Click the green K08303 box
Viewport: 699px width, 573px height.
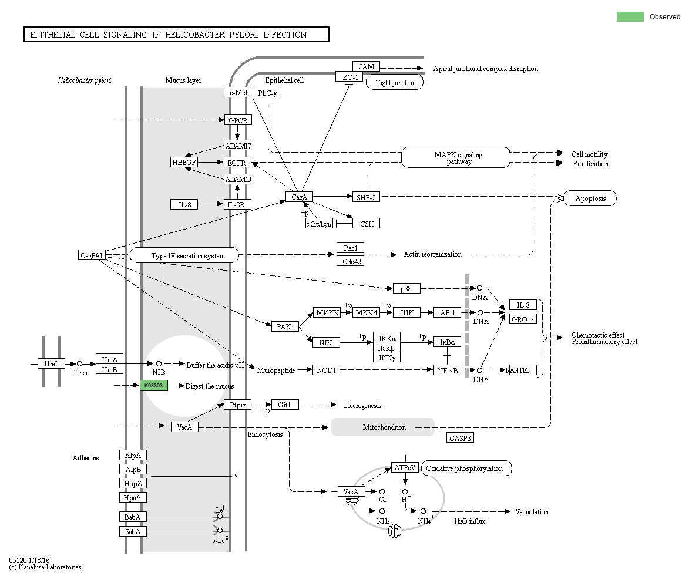tap(154, 386)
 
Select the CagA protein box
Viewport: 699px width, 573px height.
tap(300, 197)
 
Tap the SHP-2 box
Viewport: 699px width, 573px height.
tap(365, 197)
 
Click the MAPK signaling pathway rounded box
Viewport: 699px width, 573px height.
tap(456, 157)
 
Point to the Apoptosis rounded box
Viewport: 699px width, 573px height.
tap(590, 198)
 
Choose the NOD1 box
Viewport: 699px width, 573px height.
tap(326, 370)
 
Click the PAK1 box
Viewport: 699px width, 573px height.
tap(286, 326)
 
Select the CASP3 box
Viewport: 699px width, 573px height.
tap(460, 438)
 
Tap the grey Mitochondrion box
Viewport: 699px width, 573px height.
tap(383, 427)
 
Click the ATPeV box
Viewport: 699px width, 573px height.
tap(405, 468)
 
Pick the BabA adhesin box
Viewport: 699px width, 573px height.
tap(133, 517)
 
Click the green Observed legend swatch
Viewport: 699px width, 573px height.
tap(630, 17)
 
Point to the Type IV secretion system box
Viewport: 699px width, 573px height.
tap(184, 255)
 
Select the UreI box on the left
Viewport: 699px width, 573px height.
tap(51, 364)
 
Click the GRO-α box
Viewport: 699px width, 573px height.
tap(523, 319)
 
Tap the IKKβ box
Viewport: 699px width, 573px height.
tap(387, 348)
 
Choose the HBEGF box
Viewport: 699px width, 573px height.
tap(184, 162)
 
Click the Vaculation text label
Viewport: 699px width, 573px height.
tap(532, 512)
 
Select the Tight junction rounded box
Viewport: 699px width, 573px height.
tap(395, 83)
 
